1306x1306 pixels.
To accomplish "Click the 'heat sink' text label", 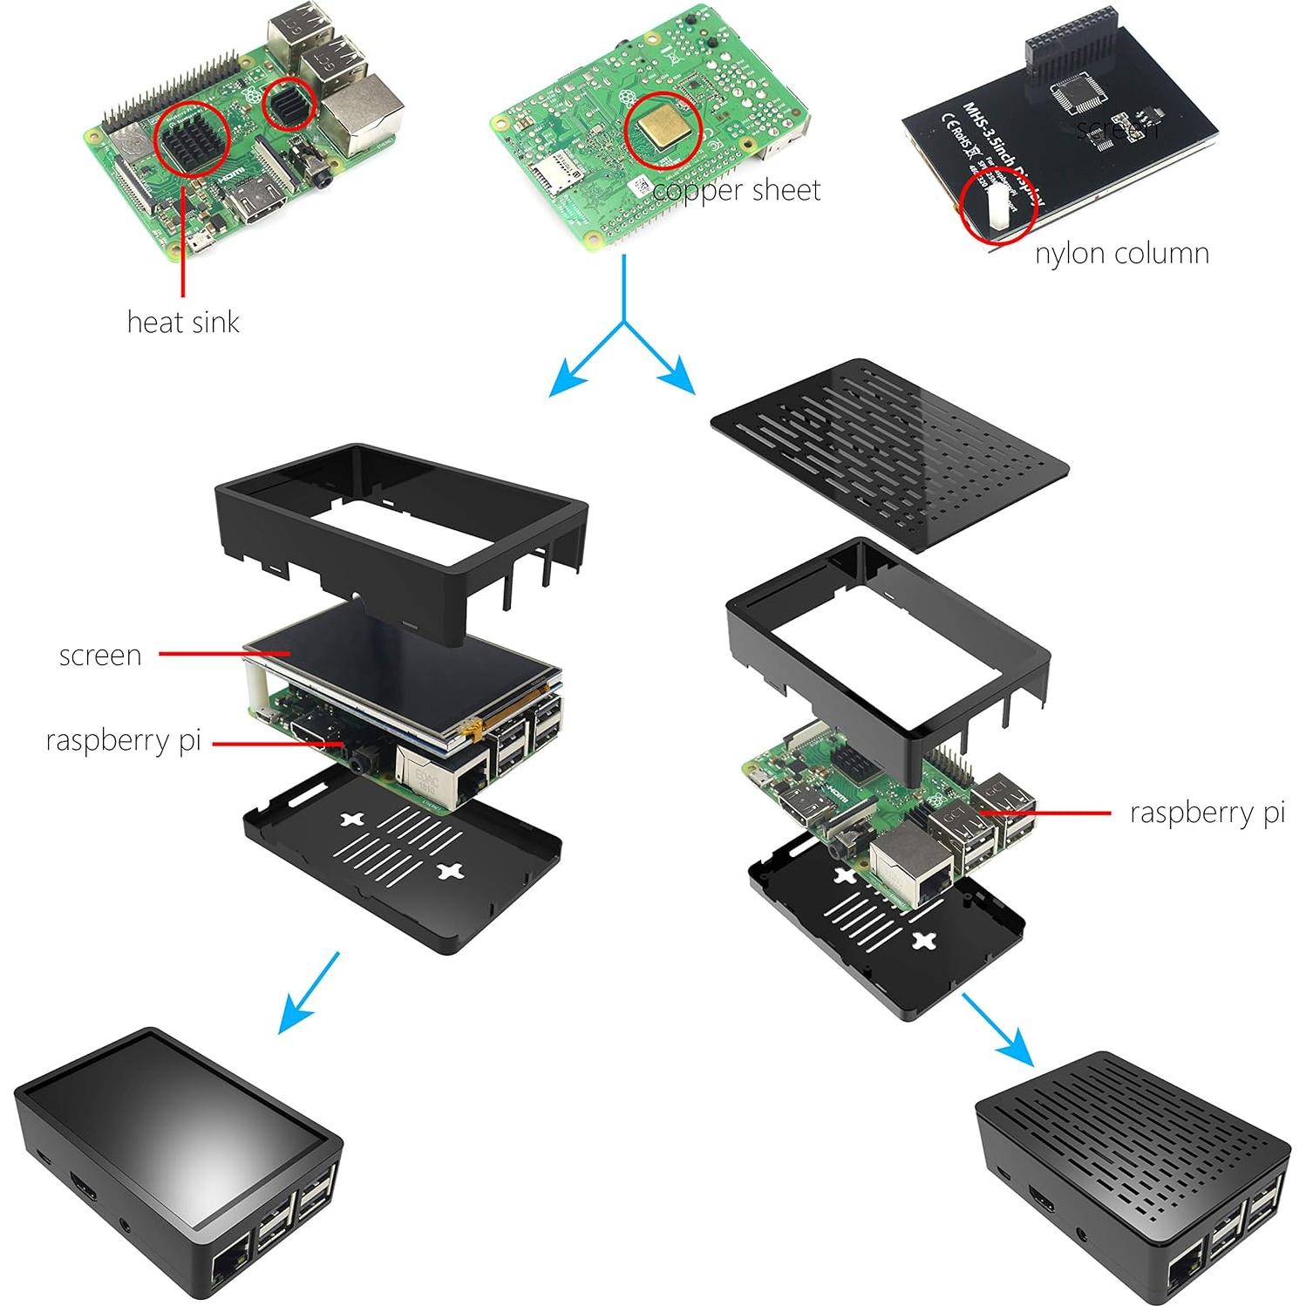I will point(182,322).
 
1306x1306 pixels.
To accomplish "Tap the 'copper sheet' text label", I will point(737,190).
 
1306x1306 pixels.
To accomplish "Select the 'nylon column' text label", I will point(1121,254).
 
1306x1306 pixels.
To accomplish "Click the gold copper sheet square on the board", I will point(662,129).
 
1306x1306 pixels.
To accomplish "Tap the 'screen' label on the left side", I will point(100,655).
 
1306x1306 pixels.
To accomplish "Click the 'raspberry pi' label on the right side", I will point(1207,813).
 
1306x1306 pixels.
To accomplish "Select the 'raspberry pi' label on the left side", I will point(123,741).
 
